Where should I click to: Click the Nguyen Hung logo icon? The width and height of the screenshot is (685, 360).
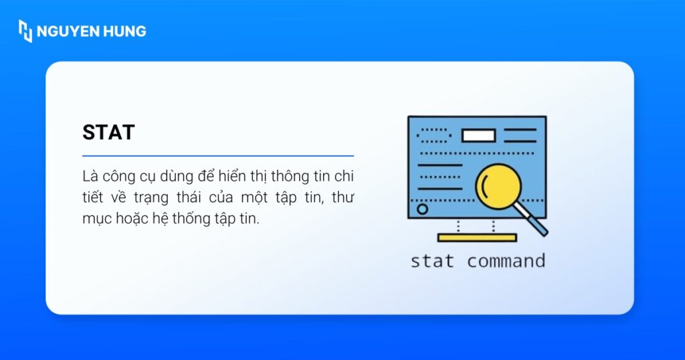point(25,31)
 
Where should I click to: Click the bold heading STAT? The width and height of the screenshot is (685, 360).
point(108,132)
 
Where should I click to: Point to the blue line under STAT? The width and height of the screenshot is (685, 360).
point(218,156)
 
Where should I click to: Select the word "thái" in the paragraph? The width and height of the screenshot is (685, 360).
point(189,198)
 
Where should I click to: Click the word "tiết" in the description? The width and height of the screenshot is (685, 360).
point(93,198)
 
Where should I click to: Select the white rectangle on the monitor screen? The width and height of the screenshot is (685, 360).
point(478,136)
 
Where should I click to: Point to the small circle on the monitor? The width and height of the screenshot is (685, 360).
point(423,209)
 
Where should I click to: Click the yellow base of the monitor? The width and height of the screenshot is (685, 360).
point(477,238)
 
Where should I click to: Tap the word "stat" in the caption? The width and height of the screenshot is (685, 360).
point(432,260)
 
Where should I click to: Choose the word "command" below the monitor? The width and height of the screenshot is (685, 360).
point(506,260)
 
